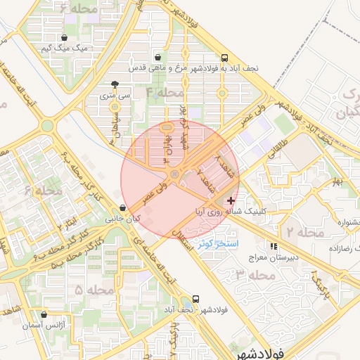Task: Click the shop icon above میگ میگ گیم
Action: tap(65, 38)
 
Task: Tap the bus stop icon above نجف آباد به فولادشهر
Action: tap(224, 58)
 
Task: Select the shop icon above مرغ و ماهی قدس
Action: tap(157, 58)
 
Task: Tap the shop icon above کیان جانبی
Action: tap(123, 208)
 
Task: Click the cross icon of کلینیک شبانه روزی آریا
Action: tap(231, 200)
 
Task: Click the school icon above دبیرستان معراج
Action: tap(273, 247)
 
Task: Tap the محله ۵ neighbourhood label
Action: tap(94, 289)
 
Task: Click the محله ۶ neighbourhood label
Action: tap(43, 191)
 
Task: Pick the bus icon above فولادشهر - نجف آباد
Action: tap(195, 299)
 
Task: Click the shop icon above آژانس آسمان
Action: tap(46, 316)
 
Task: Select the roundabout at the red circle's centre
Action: tap(174, 173)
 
